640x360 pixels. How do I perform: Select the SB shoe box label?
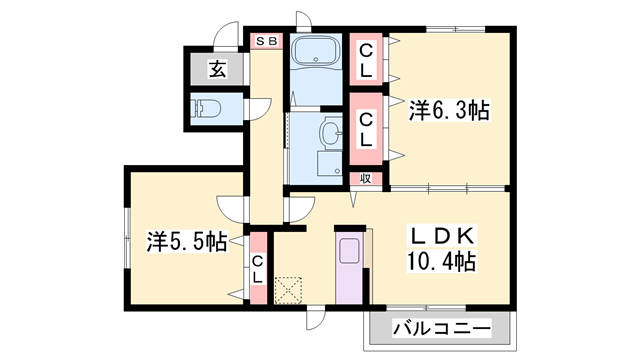coord(267,41)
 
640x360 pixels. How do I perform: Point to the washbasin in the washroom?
coord(329,130)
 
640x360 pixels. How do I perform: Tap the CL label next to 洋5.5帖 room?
coord(258,269)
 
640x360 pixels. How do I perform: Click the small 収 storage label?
coord(366,178)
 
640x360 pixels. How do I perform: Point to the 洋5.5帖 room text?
coord(186,241)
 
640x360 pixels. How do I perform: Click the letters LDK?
coord(444,237)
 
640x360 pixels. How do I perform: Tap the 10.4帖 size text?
coord(444,262)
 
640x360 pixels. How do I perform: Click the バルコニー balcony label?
coord(441,328)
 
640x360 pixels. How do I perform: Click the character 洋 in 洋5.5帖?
coord(156,241)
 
